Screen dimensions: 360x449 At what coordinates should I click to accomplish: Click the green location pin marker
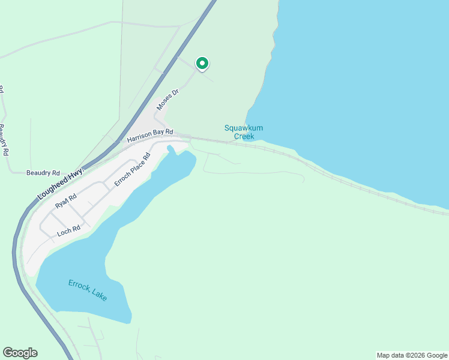point(202,63)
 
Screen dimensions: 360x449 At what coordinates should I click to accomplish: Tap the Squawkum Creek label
point(244,132)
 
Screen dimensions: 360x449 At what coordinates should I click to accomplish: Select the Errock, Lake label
point(88,290)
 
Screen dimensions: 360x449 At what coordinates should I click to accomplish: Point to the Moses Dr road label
point(168,100)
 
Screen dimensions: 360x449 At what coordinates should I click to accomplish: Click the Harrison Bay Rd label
point(150,136)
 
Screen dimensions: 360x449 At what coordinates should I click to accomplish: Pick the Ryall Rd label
point(66,202)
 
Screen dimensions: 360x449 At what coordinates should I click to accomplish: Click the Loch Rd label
point(68,230)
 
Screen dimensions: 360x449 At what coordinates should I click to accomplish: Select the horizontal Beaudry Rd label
point(43,172)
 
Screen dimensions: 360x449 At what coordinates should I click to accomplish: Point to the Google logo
point(20,353)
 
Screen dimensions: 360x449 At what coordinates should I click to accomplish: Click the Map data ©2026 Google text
point(411,355)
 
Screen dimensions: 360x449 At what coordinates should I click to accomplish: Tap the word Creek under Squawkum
point(244,136)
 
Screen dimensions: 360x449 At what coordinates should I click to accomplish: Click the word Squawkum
point(244,128)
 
